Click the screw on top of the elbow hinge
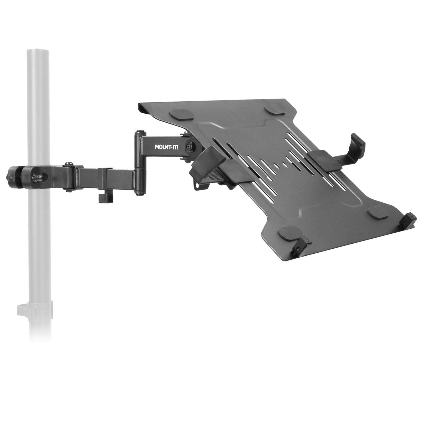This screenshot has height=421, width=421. click(x=139, y=131)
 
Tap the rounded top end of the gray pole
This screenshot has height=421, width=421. click(x=37, y=51)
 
